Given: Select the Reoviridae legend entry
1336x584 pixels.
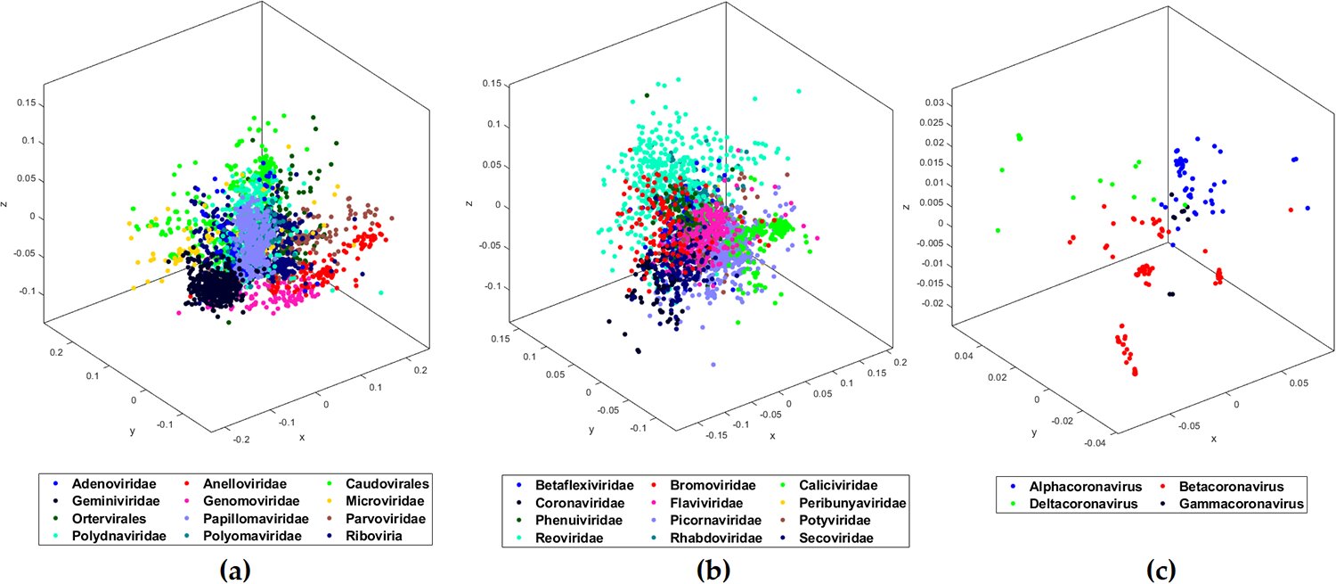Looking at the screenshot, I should pos(571,538).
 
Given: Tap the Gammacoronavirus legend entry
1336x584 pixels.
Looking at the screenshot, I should pos(1234,504).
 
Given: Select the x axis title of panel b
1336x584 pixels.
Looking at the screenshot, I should pos(772,436).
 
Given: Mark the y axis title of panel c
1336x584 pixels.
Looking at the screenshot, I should pos(1034,433).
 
